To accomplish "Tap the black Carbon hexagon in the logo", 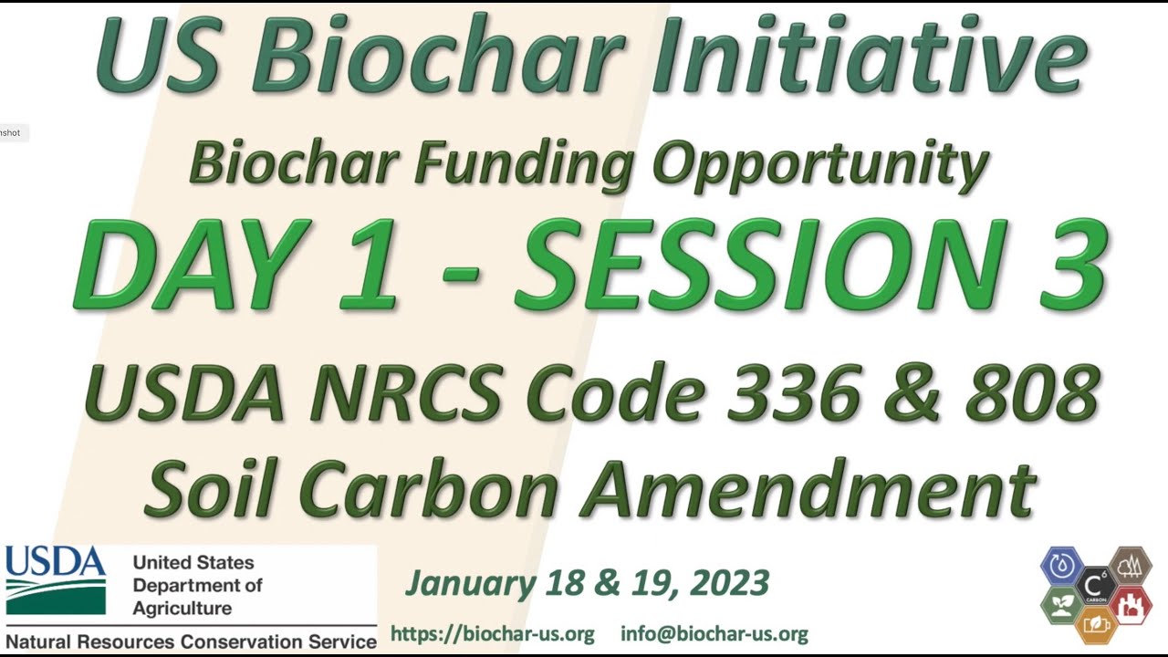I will click(x=1096, y=586).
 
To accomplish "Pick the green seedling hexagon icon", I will click(x=1061, y=606).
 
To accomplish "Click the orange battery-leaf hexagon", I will click(x=1096, y=624).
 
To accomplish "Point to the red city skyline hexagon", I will click(x=1130, y=606).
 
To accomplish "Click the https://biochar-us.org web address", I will click(x=492, y=633).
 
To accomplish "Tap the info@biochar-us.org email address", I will click(x=714, y=633).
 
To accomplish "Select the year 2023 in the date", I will click(x=730, y=582).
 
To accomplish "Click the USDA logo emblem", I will click(x=56, y=580).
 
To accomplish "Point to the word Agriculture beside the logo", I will click(x=182, y=608).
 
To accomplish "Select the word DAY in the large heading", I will click(x=192, y=265).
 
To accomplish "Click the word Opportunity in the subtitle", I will click(x=821, y=164).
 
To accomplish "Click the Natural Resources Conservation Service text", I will click(x=191, y=641).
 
